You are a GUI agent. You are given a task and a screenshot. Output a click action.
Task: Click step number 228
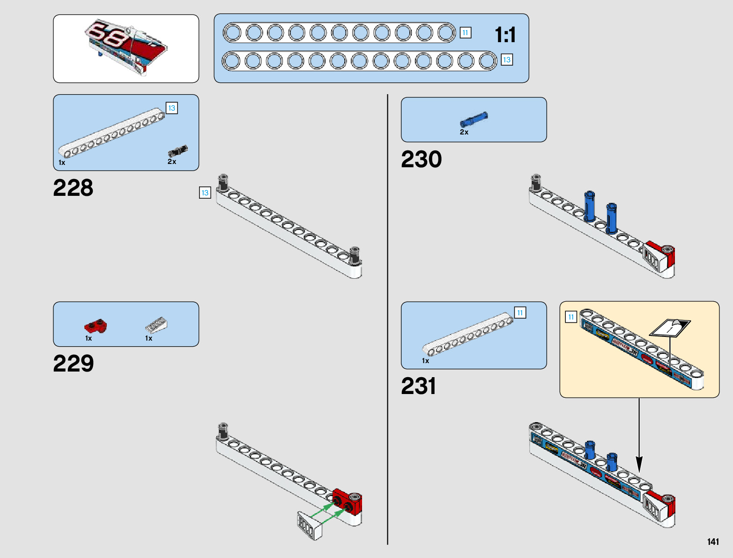coord(73,188)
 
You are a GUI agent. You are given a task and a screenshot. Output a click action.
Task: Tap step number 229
coord(74,364)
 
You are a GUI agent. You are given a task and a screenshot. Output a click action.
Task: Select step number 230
coord(421,159)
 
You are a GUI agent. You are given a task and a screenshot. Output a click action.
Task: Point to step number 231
coord(418,386)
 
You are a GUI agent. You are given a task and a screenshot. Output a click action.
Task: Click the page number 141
coord(713,542)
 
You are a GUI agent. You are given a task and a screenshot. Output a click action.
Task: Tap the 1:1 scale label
coord(505,35)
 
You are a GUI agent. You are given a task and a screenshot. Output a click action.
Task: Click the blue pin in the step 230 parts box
coord(474,120)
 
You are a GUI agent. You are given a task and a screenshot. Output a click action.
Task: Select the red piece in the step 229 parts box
coord(96,325)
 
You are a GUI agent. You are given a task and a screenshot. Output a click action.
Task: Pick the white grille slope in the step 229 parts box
coord(156,324)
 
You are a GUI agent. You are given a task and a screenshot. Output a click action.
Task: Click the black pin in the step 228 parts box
coord(178,151)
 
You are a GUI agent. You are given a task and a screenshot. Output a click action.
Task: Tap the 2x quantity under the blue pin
coord(464,133)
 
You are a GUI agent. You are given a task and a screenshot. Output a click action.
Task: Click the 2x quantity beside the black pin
coord(172,162)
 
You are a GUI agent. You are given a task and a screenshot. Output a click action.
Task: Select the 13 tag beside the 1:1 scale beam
coord(506,60)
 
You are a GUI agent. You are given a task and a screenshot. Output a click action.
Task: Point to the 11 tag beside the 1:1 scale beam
coord(465,33)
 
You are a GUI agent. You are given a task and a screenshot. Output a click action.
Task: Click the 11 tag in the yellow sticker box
coord(571,317)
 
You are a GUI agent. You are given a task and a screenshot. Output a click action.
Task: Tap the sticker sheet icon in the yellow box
coord(670,327)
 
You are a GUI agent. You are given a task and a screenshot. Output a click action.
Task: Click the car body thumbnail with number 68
coord(126,47)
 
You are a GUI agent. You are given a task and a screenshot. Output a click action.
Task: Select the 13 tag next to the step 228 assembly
coord(205,193)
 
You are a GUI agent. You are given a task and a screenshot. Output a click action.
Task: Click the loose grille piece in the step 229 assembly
coord(310,526)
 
